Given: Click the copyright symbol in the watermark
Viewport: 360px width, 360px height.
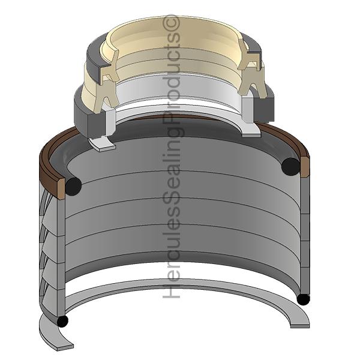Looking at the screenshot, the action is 171,22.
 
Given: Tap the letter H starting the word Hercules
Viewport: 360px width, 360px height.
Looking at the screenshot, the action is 171,291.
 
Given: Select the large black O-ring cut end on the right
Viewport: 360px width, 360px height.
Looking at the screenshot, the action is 290,166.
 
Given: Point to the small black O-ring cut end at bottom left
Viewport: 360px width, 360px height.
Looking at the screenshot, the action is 62,321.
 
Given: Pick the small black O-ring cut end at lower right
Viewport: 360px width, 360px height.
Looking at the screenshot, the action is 303,299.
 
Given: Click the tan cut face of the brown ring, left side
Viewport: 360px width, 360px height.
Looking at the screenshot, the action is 61,189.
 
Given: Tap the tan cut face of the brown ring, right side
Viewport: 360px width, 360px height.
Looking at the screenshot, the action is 304,166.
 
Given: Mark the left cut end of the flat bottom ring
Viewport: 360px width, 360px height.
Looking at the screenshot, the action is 65,347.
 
